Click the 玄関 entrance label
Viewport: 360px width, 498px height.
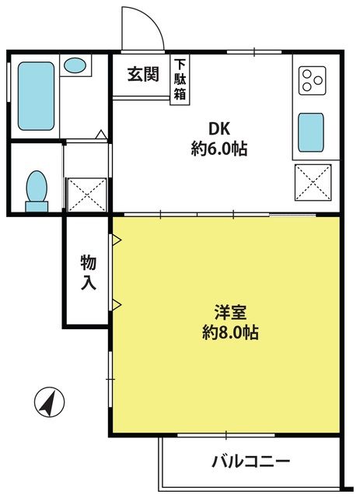pos(143,75)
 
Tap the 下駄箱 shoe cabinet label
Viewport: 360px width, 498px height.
pos(180,79)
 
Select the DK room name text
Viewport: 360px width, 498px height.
pos(218,129)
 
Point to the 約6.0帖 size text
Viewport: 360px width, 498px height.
pos(219,149)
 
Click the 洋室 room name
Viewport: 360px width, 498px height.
pos(230,312)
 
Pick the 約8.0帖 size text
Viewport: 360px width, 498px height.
pos(230,332)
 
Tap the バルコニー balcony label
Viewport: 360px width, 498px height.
pos(251,461)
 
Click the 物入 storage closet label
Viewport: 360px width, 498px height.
pos(89,272)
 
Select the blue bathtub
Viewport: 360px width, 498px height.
pos(36,96)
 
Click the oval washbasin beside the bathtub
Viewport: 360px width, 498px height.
pos(75,65)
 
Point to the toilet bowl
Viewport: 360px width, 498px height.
pos(37,187)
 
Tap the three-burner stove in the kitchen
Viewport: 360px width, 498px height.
pos(313,80)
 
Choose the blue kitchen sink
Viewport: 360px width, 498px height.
pos(311,132)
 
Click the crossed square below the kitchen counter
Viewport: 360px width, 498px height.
pos(313,182)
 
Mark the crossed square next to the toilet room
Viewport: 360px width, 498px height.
pos(87,195)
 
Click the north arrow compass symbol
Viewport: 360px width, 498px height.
pos(50,402)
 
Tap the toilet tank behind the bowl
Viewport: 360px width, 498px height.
pos(37,206)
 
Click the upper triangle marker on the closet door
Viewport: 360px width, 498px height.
pos(117,240)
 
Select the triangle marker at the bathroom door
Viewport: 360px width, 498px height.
pos(101,135)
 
